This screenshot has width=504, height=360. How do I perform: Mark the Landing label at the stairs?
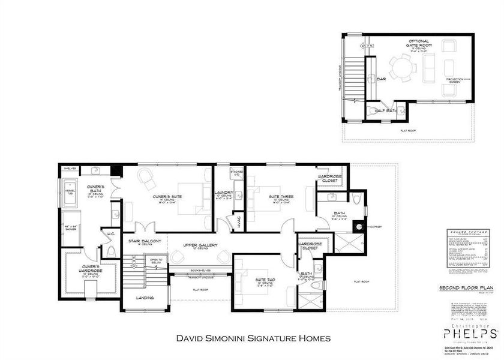pyautogui.click(x=145, y=298)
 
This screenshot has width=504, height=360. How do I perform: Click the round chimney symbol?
pyautogui.click(x=359, y=227)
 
